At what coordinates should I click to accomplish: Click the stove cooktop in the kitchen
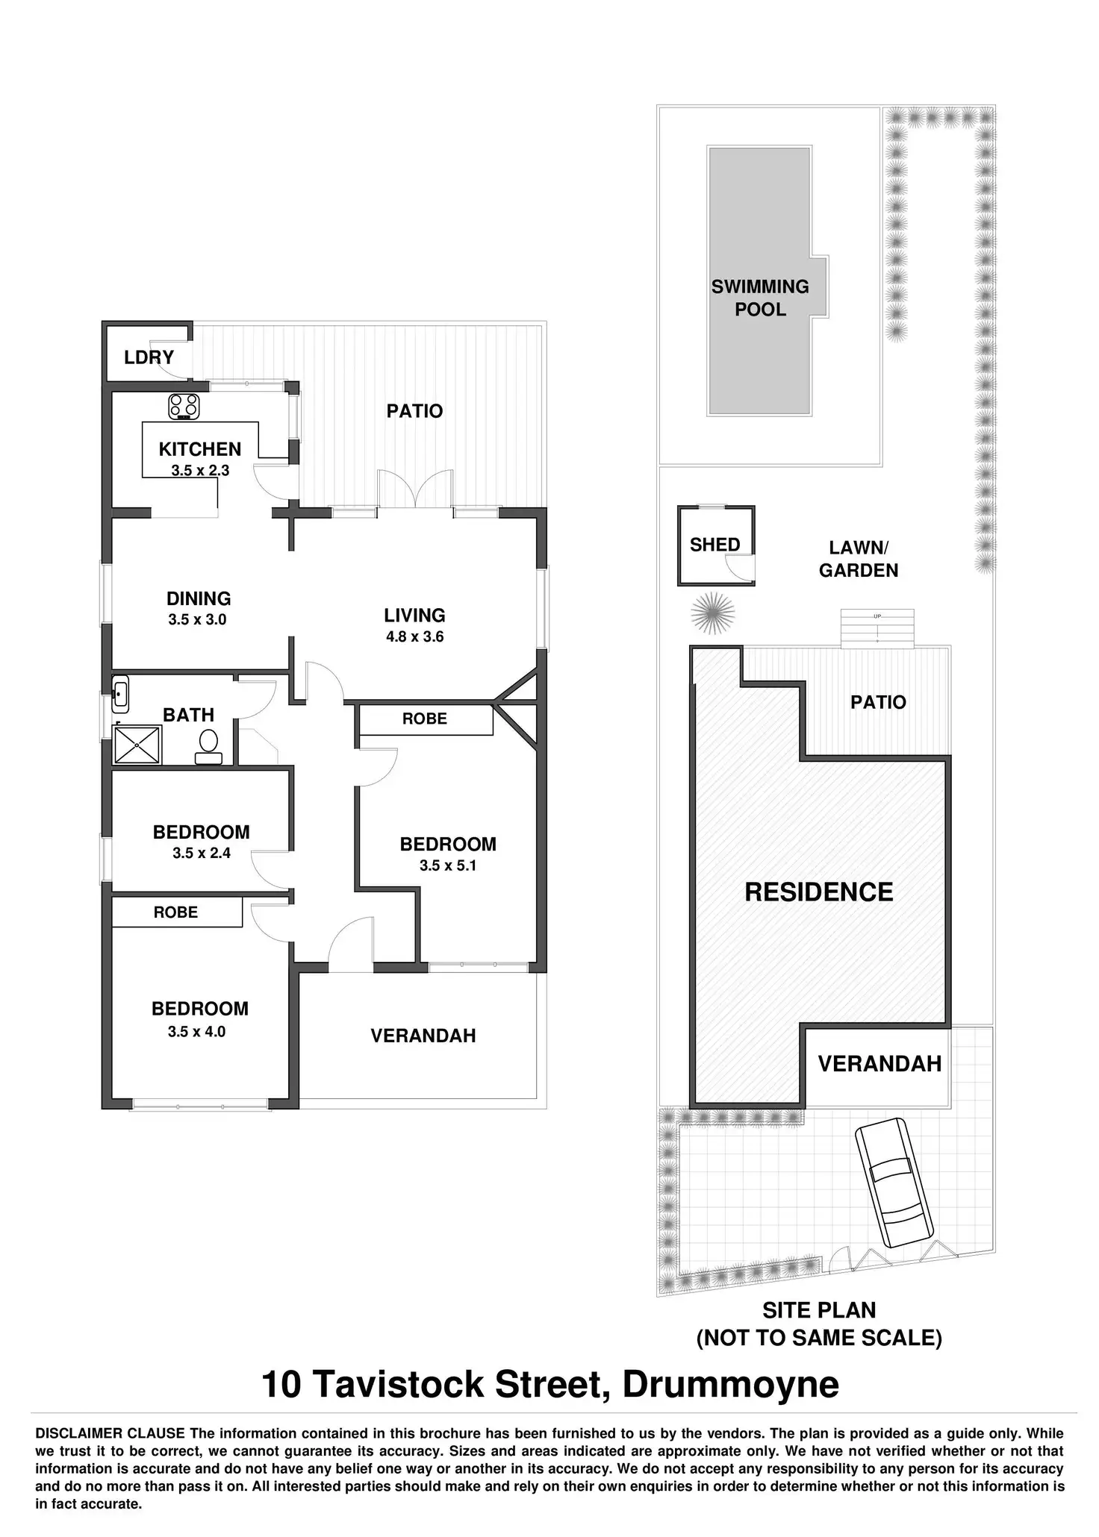coord(184,405)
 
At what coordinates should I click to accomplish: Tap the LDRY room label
coord(149,357)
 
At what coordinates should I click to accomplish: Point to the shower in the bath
coord(137,745)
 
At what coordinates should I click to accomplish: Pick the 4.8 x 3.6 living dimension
coord(414,636)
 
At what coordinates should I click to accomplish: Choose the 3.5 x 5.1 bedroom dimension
coord(448,865)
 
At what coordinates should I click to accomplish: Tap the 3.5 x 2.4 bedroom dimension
coord(202,853)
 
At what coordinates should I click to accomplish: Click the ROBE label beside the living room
coord(425,719)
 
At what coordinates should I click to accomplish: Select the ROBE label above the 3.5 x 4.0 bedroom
coord(175,913)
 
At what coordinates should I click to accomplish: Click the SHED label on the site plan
coord(714,545)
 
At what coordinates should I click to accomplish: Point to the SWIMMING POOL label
coord(760,298)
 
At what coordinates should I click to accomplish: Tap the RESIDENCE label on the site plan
coord(819,892)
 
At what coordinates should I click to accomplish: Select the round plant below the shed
coord(712,613)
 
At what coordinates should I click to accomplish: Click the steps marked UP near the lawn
coord(877,628)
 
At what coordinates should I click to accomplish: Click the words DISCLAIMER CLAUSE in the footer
coord(110,1433)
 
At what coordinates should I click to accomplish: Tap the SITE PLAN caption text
coord(819,1310)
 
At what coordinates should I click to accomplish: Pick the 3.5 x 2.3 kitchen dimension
coord(200,471)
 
